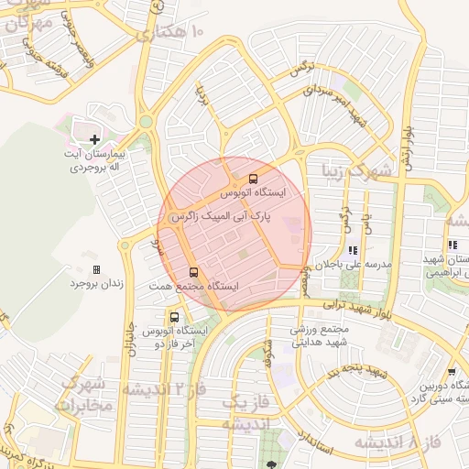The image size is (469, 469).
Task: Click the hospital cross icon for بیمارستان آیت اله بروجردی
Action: [94, 139]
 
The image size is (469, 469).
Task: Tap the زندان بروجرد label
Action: [96, 283]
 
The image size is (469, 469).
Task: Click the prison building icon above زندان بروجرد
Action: [96, 269]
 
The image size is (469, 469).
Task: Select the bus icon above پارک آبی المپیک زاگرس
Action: [253, 179]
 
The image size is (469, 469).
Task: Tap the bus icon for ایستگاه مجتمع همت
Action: [192, 272]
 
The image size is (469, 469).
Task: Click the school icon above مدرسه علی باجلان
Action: [352, 249]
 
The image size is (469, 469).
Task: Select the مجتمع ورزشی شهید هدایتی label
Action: [322, 336]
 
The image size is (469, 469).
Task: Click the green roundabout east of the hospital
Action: [146, 121]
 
